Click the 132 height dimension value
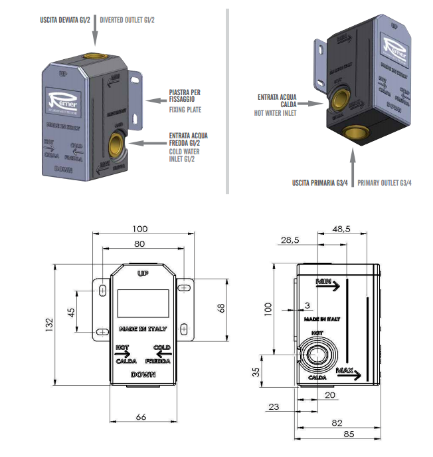tap(48, 325)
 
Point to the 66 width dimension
tap(141, 416)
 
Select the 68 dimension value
tap(222, 308)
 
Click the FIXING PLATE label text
tap(185, 110)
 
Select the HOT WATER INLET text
tap(276, 113)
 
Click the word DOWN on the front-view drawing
tap(143, 375)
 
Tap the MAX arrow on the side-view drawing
tap(349, 373)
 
